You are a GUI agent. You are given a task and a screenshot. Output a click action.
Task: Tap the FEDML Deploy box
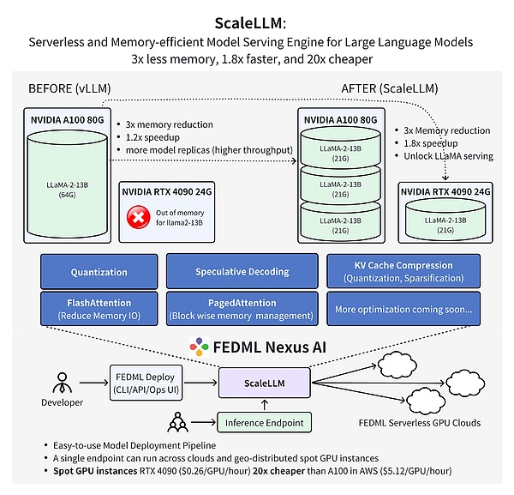tap(147, 379)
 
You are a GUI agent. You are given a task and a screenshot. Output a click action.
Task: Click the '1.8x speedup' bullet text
tap(429, 143)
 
